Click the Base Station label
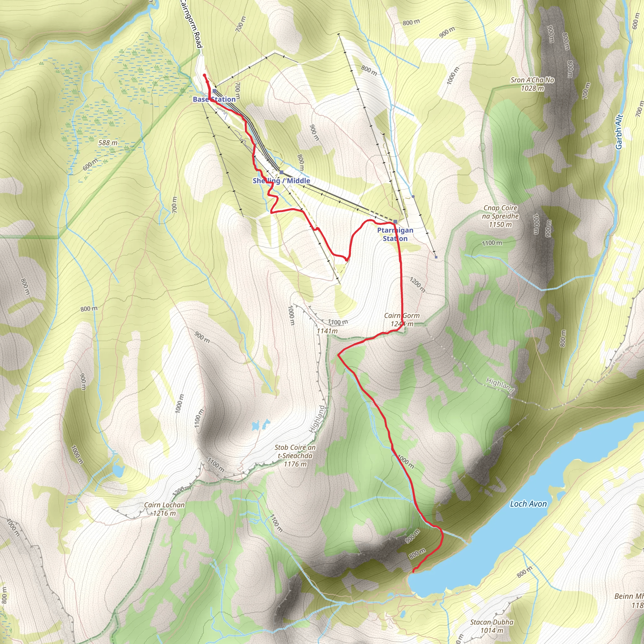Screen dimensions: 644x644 pos(214,99)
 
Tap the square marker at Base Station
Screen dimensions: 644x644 pos(215,91)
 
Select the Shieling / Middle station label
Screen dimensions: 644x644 pos(281,181)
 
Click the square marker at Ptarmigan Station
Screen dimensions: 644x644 pos(395,222)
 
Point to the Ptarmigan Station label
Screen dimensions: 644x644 pos(395,234)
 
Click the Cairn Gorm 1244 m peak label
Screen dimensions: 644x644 pos(402,320)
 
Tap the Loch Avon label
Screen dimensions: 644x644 pos(528,504)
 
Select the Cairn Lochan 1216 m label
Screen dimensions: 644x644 pos(164,509)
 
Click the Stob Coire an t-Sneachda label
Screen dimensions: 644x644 pos(295,456)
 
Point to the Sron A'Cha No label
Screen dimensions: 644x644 pos(532,84)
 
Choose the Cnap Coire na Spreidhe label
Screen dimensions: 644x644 pos(500,216)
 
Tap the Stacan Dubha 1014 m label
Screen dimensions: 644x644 pos(492,626)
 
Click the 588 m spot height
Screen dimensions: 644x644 pos(108,143)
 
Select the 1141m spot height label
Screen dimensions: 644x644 pos(327,331)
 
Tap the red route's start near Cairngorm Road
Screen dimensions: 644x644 pos(204,74)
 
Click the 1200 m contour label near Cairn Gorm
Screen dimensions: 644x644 pos(418,285)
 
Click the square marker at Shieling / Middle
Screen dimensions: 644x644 pos(281,172)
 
